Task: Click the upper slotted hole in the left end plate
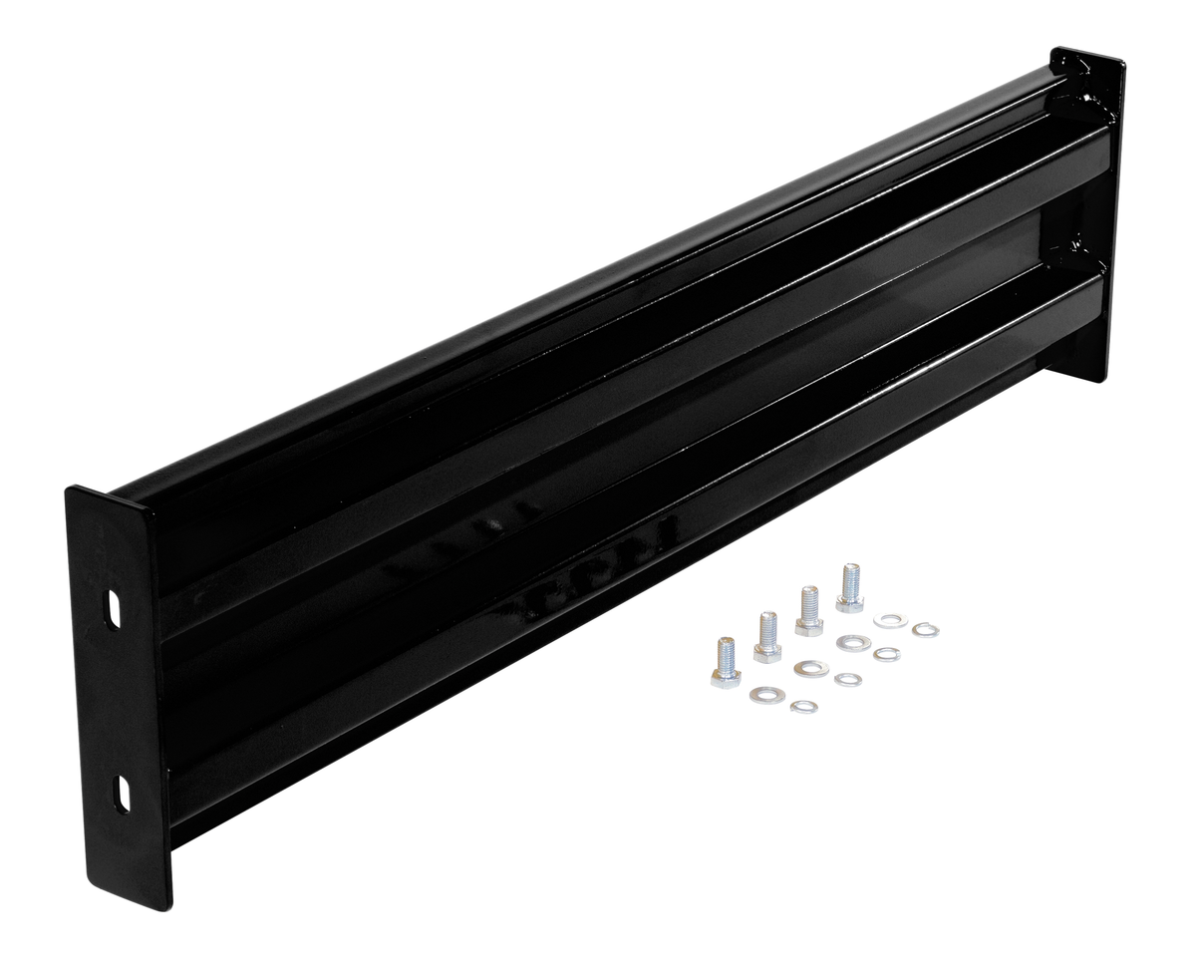point(114,611)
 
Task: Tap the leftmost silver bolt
point(727,663)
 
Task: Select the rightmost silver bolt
point(849,588)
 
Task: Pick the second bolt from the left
point(767,638)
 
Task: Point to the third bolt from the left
point(809,611)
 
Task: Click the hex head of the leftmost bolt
point(727,677)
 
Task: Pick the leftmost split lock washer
point(803,707)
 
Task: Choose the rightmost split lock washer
point(925,629)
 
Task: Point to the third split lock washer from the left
point(886,654)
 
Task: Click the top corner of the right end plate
point(1056,50)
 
